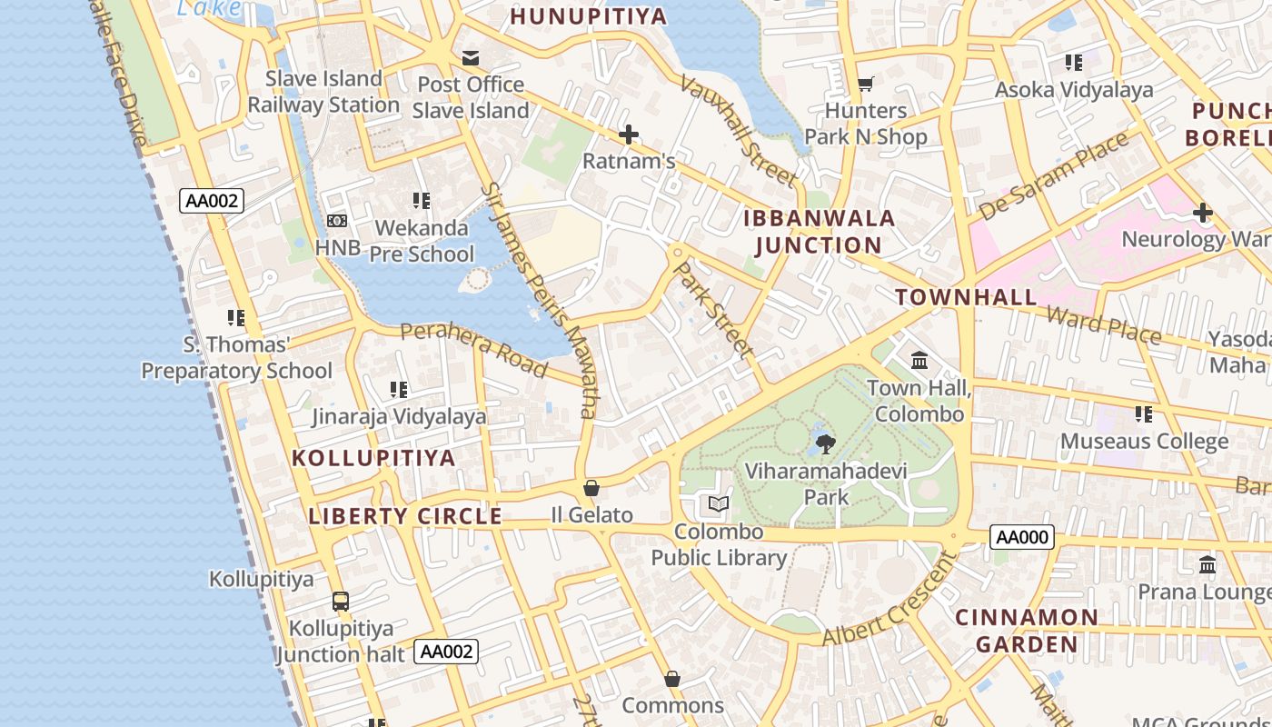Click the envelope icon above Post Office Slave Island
click(x=471, y=58)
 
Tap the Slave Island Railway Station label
click(x=323, y=92)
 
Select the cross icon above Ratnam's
click(x=628, y=135)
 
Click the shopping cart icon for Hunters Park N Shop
click(x=866, y=84)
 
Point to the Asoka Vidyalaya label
click(x=1074, y=90)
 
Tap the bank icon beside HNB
click(x=337, y=221)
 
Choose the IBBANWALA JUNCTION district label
click(x=819, y=232)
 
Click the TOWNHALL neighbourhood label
click(x=966, y=297)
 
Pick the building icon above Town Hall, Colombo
click(x=919, y=361)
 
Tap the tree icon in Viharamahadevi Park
click(x=825, y=444)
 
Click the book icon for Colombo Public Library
click(x=718, y=503)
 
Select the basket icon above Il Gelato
click(x=591, y=488)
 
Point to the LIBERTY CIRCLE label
click(x=405, y=516)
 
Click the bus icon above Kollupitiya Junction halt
click(x=341, y=602)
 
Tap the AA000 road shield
click(x=1022, y=537)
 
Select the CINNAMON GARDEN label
click(x=1026, y=631)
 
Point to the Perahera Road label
click(x=473, y=349)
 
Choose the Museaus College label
click(x=1144, y=442)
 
